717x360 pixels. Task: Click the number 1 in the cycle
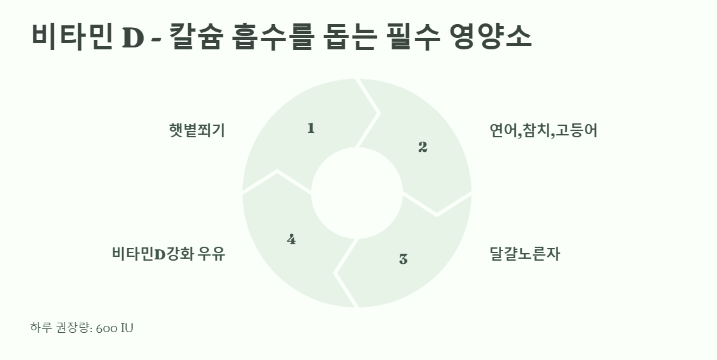tap(311, 128)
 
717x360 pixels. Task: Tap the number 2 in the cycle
tap(423, 147)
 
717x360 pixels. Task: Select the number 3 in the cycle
tap(403, 259)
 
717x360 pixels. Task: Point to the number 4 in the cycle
tap(291, 239)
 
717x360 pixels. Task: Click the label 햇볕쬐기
tap(197, 130)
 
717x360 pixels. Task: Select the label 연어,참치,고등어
tap(543, 131)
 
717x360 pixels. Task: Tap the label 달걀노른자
tap(525, 255)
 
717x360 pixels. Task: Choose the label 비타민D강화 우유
tap(168, 255)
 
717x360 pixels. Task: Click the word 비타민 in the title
tap(70, 37)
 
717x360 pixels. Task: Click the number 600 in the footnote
tap(106, 328)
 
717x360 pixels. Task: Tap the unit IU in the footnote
tap(127, 328)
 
